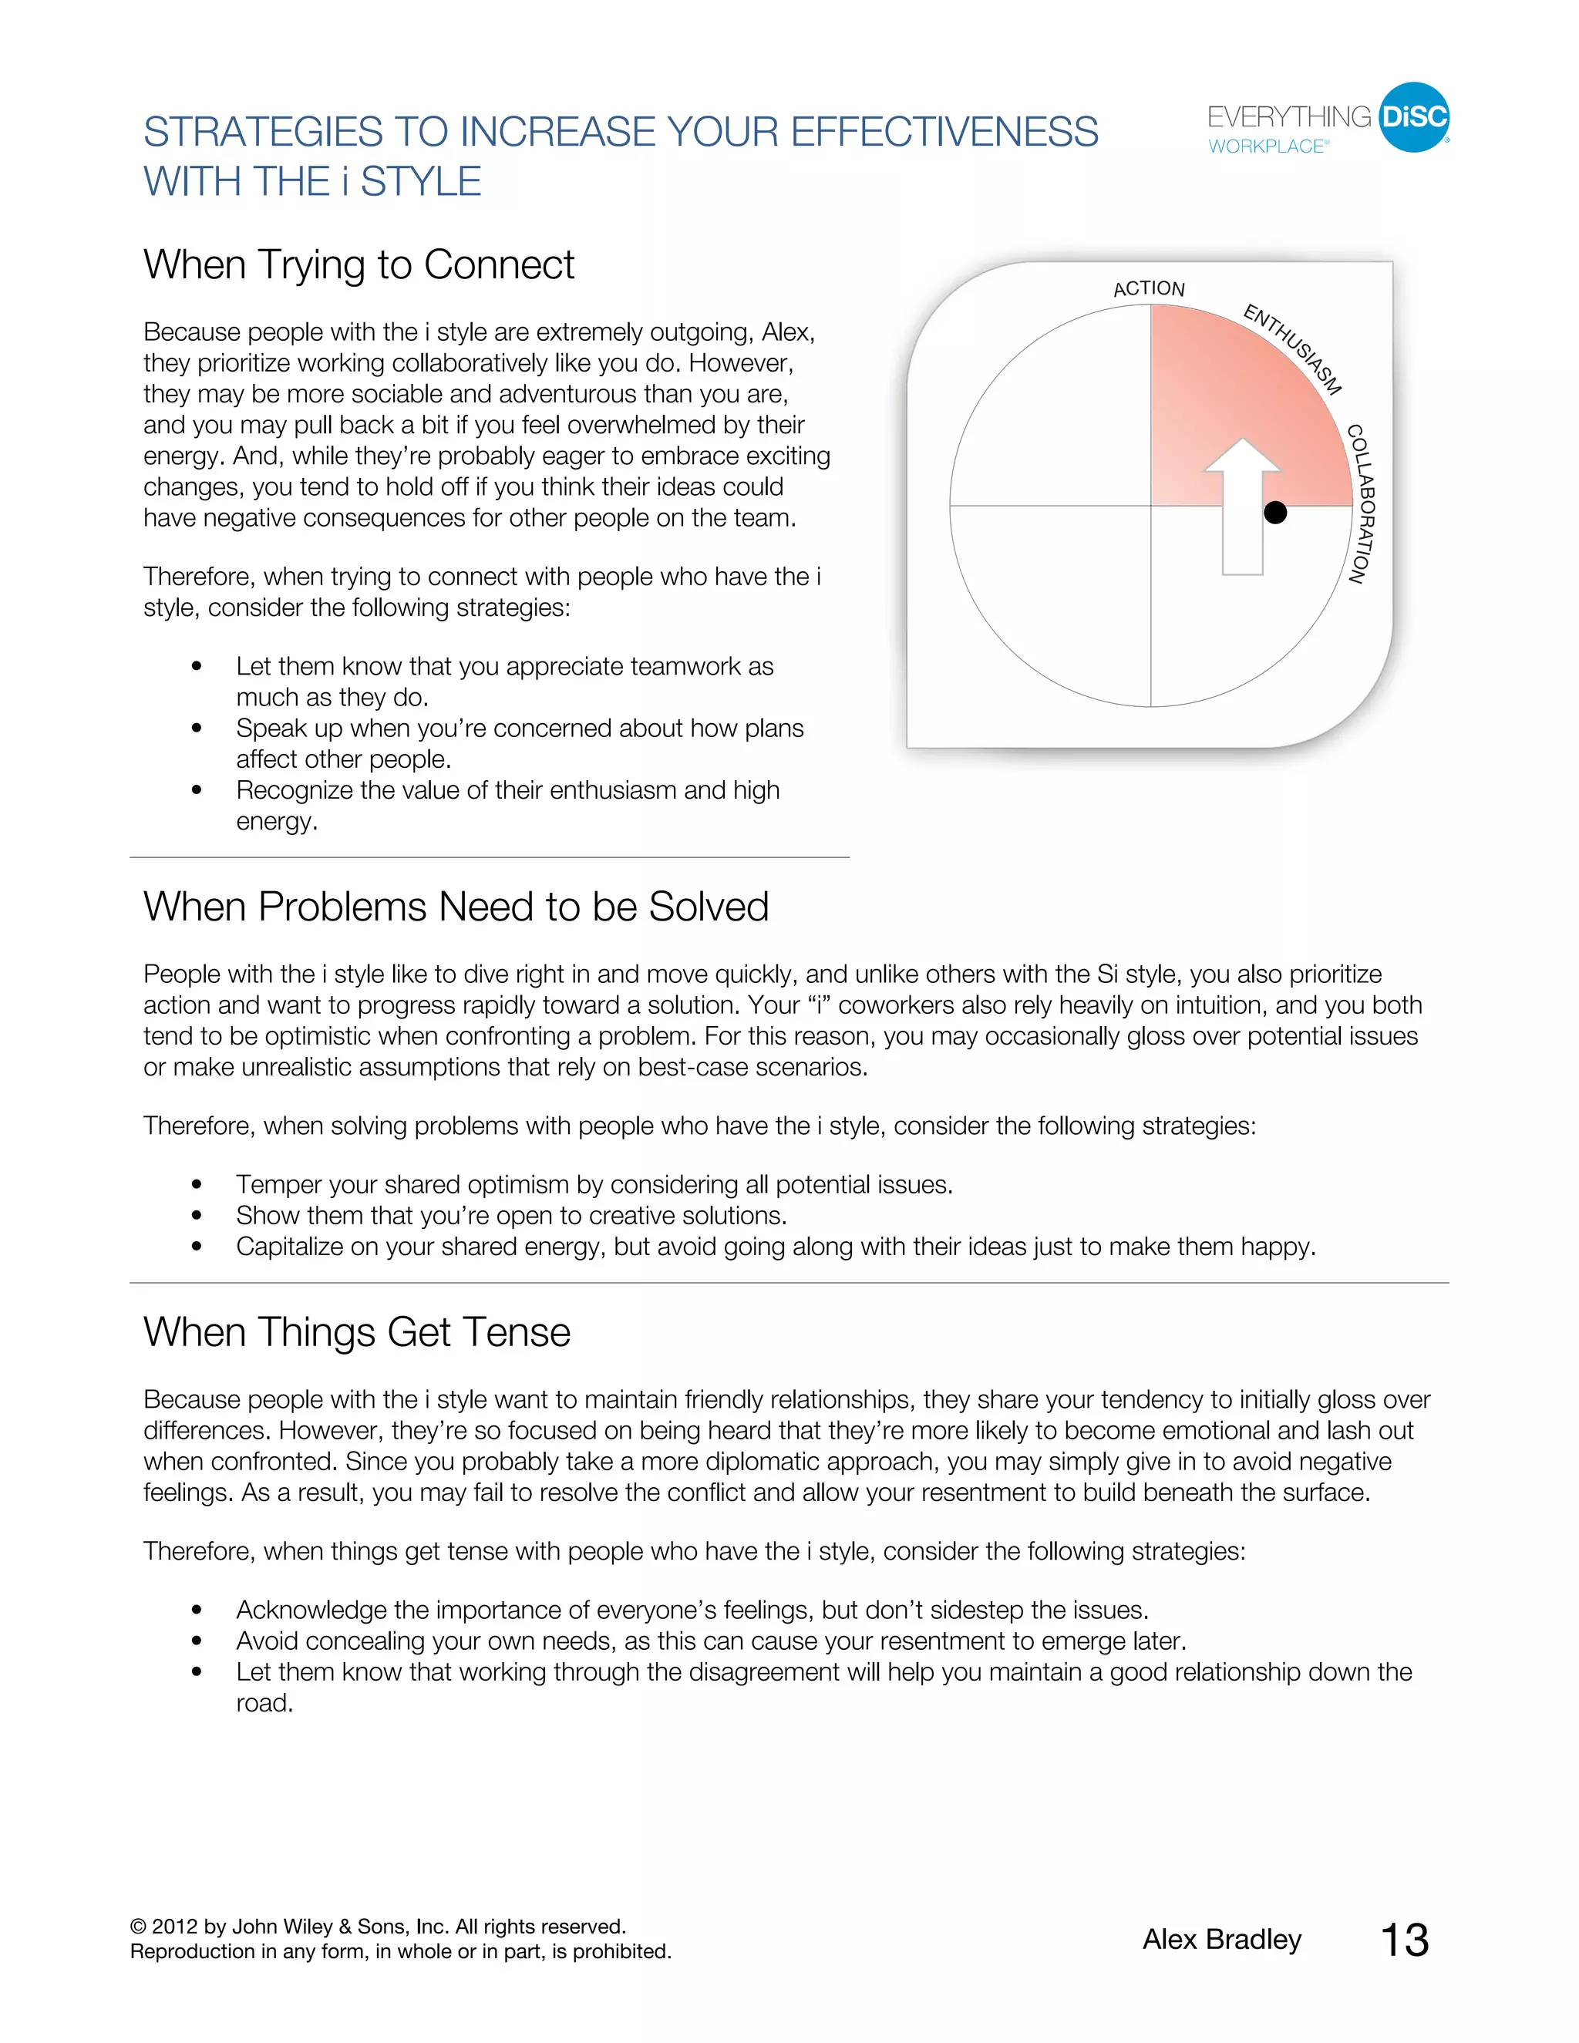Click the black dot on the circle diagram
tap(1275, 513)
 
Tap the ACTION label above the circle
tap(1149, 289)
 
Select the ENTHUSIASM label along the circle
tap(1294, 348)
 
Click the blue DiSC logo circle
tap(1413, 118)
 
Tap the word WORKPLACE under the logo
tap(1267, 146)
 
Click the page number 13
tap(1404, 1940)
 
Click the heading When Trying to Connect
tap(359, 264)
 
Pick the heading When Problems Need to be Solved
tap(456, 907)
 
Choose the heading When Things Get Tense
tap(356, 1332)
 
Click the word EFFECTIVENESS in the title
tap(944, 132)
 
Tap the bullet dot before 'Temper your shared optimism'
tap(197, 1184)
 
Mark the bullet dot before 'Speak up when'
tap(197, 728)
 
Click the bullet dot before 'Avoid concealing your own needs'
tap(197, 1641)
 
